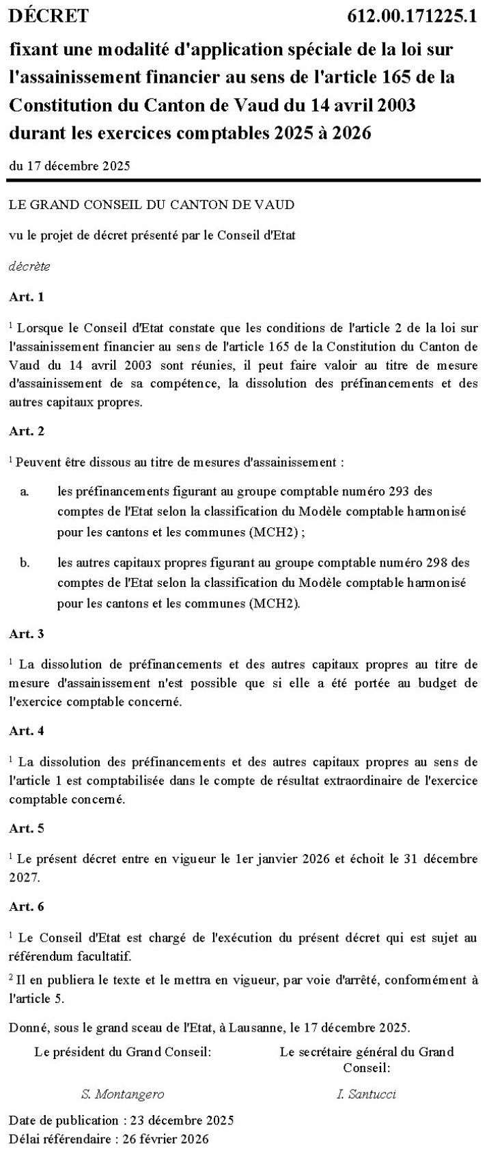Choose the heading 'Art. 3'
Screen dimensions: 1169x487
point(27,633)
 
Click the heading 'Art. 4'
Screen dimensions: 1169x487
point(27,730)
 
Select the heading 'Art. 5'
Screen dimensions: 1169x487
point(27,828)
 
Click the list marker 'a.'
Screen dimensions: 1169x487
point(24,491)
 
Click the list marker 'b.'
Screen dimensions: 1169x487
point(25,563)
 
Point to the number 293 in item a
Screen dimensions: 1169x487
point(398,491)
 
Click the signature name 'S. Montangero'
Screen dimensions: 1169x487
point(122,1094)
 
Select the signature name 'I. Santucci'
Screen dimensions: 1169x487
point(366,1094)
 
